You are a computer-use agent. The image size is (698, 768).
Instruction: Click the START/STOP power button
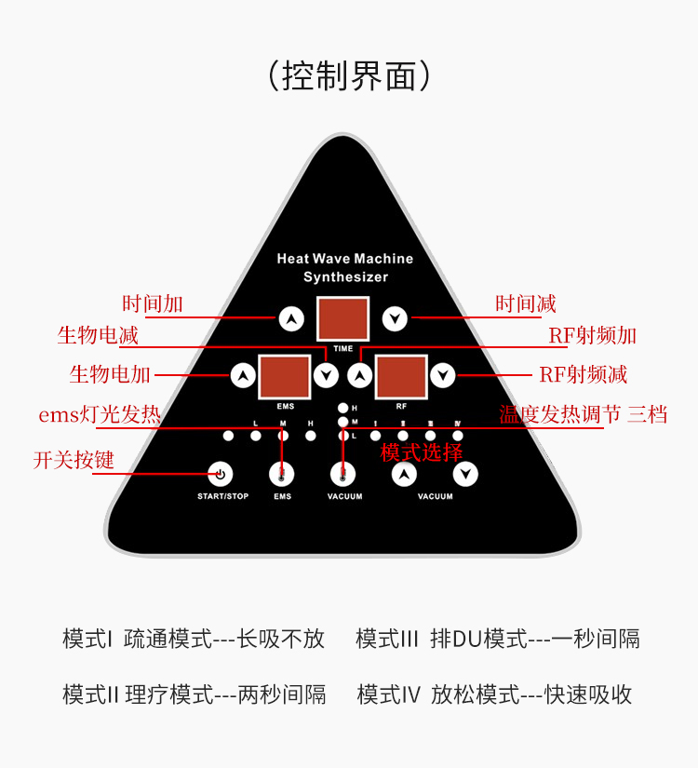[x=221, y=474]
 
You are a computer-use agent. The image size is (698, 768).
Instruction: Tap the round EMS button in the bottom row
[x=282, y=474]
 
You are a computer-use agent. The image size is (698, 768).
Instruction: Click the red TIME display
[x=342, y=319]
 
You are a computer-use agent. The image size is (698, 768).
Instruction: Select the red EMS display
[x=284, y=376]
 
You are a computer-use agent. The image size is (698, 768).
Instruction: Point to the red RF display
[x=401, y=376]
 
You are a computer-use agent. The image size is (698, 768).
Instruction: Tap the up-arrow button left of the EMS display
[x=243, y=376]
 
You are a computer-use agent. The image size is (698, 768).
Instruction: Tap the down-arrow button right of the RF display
[x=443, y=376]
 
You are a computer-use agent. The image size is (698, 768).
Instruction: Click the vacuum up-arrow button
[x=403, y=475]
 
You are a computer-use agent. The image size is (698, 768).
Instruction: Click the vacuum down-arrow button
[x=465, y=475]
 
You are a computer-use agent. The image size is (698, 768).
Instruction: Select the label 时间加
[x=153, y=303]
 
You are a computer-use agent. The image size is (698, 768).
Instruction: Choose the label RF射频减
[x=583, y=374]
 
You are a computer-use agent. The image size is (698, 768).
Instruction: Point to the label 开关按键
[x=74, y=460]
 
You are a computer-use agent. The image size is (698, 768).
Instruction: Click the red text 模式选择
[x=422, y=452]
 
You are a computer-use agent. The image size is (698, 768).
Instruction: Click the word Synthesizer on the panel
[x=345, y=277]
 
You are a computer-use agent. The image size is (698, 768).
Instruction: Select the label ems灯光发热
[x=100, y=414]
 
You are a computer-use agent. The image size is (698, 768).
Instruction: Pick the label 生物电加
[x=110, y=374]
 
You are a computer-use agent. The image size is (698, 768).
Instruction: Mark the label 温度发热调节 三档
[x=584, y=414]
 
